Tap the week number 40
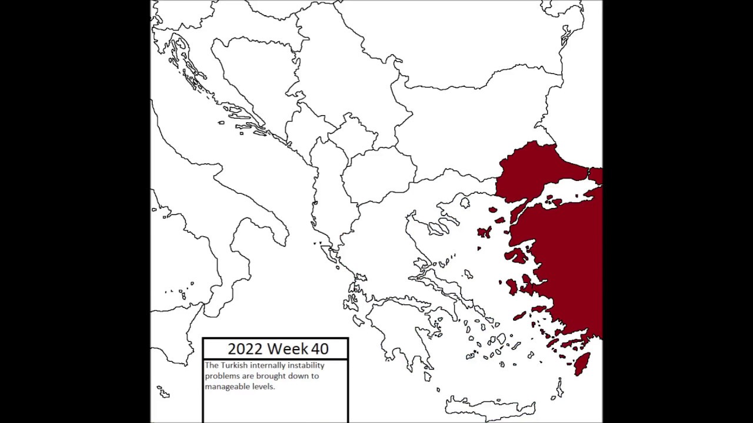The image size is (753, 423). (x=320, y=349)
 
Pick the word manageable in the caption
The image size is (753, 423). (x=225, y=387)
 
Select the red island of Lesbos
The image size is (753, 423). (x=515, y=256)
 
